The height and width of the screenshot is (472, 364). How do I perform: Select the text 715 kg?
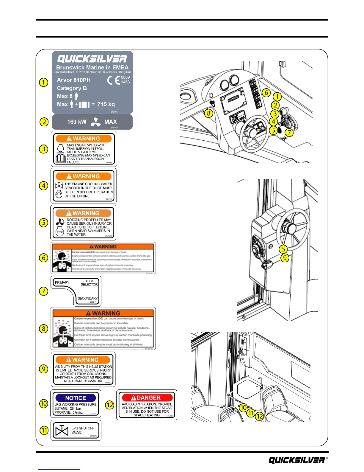click(106, 104)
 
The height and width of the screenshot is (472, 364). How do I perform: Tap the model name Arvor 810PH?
click(74, 80)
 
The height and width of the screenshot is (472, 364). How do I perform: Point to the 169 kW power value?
click(77, 122)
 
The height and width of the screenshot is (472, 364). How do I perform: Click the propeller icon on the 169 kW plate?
click(95, 122)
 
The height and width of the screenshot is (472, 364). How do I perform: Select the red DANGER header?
click(147, 398)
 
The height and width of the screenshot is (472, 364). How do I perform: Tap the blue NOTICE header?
click(76, 398)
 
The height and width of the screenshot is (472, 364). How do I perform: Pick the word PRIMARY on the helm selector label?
click(62, 282)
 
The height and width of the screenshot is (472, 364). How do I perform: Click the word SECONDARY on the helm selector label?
click(87, 298)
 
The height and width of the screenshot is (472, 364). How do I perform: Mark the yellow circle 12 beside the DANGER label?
click(110, 405)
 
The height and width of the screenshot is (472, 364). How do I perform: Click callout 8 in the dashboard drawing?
click(209, 113)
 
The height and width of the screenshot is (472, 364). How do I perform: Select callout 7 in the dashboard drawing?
click(289, 132)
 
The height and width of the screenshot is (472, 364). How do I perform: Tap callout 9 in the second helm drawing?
click(285, 258)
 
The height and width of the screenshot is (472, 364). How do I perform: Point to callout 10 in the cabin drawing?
click(243, 407)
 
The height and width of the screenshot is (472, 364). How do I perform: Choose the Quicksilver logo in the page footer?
click(296, 460)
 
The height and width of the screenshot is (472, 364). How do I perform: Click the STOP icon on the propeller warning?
click(60, 232)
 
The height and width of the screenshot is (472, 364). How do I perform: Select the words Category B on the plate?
click(72, 88)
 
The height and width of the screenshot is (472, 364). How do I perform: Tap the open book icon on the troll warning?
click(61, 159)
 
